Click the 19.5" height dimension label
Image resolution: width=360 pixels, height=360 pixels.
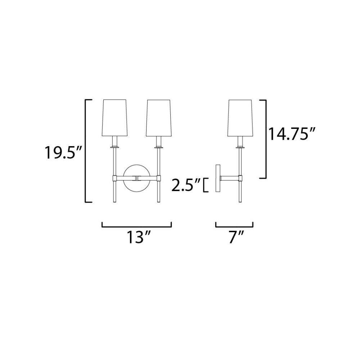(x=63, y=152)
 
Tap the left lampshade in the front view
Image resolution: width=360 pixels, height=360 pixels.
(x=115, y=118)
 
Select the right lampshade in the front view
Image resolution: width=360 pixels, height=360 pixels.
(x=158, y=118)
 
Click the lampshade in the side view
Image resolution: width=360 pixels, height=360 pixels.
(x=240, y=118)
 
